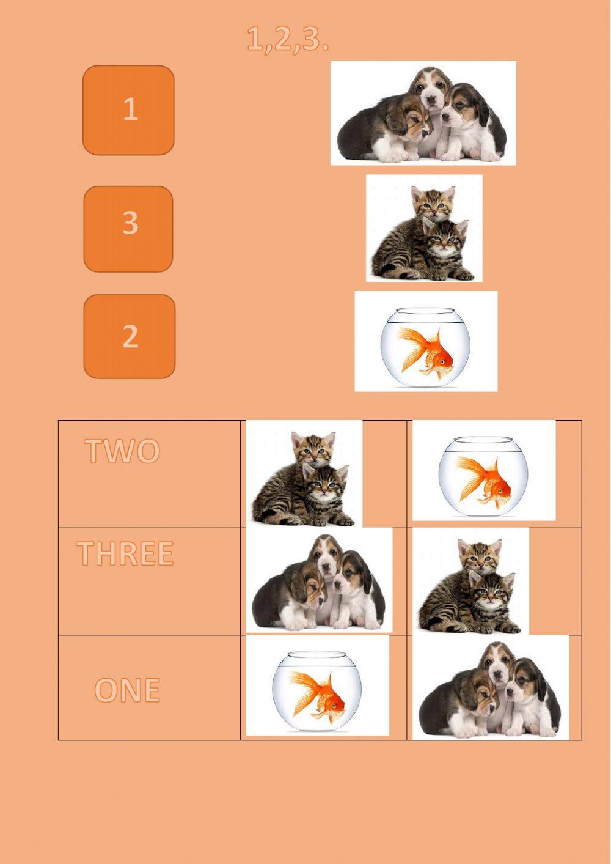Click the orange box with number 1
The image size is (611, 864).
(x=128, y=110)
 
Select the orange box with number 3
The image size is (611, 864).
(x=128, y=229)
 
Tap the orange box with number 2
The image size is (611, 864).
(x=129, y=336)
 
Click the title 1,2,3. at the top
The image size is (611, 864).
(x=288, y=39)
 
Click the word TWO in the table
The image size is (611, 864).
(x=122, y=451)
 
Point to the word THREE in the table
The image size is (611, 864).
(x=125, y=553)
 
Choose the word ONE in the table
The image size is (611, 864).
(x=127, y=690)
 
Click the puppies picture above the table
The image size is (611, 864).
(x=423, y=113)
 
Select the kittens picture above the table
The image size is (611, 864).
(x=424, y=228)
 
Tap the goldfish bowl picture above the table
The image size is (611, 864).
(x=426, y=341)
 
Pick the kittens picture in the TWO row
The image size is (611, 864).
(x=304, y=474)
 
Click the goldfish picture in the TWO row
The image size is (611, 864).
(x=484, y=470)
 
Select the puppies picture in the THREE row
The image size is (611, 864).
(x=319, y=580)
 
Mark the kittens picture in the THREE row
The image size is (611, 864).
(x=470, y=581)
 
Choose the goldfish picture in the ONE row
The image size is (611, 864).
(x=317, y=685)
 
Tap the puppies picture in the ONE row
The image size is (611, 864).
(x=491, y=687)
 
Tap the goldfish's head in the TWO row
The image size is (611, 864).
(x=501, y=489)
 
